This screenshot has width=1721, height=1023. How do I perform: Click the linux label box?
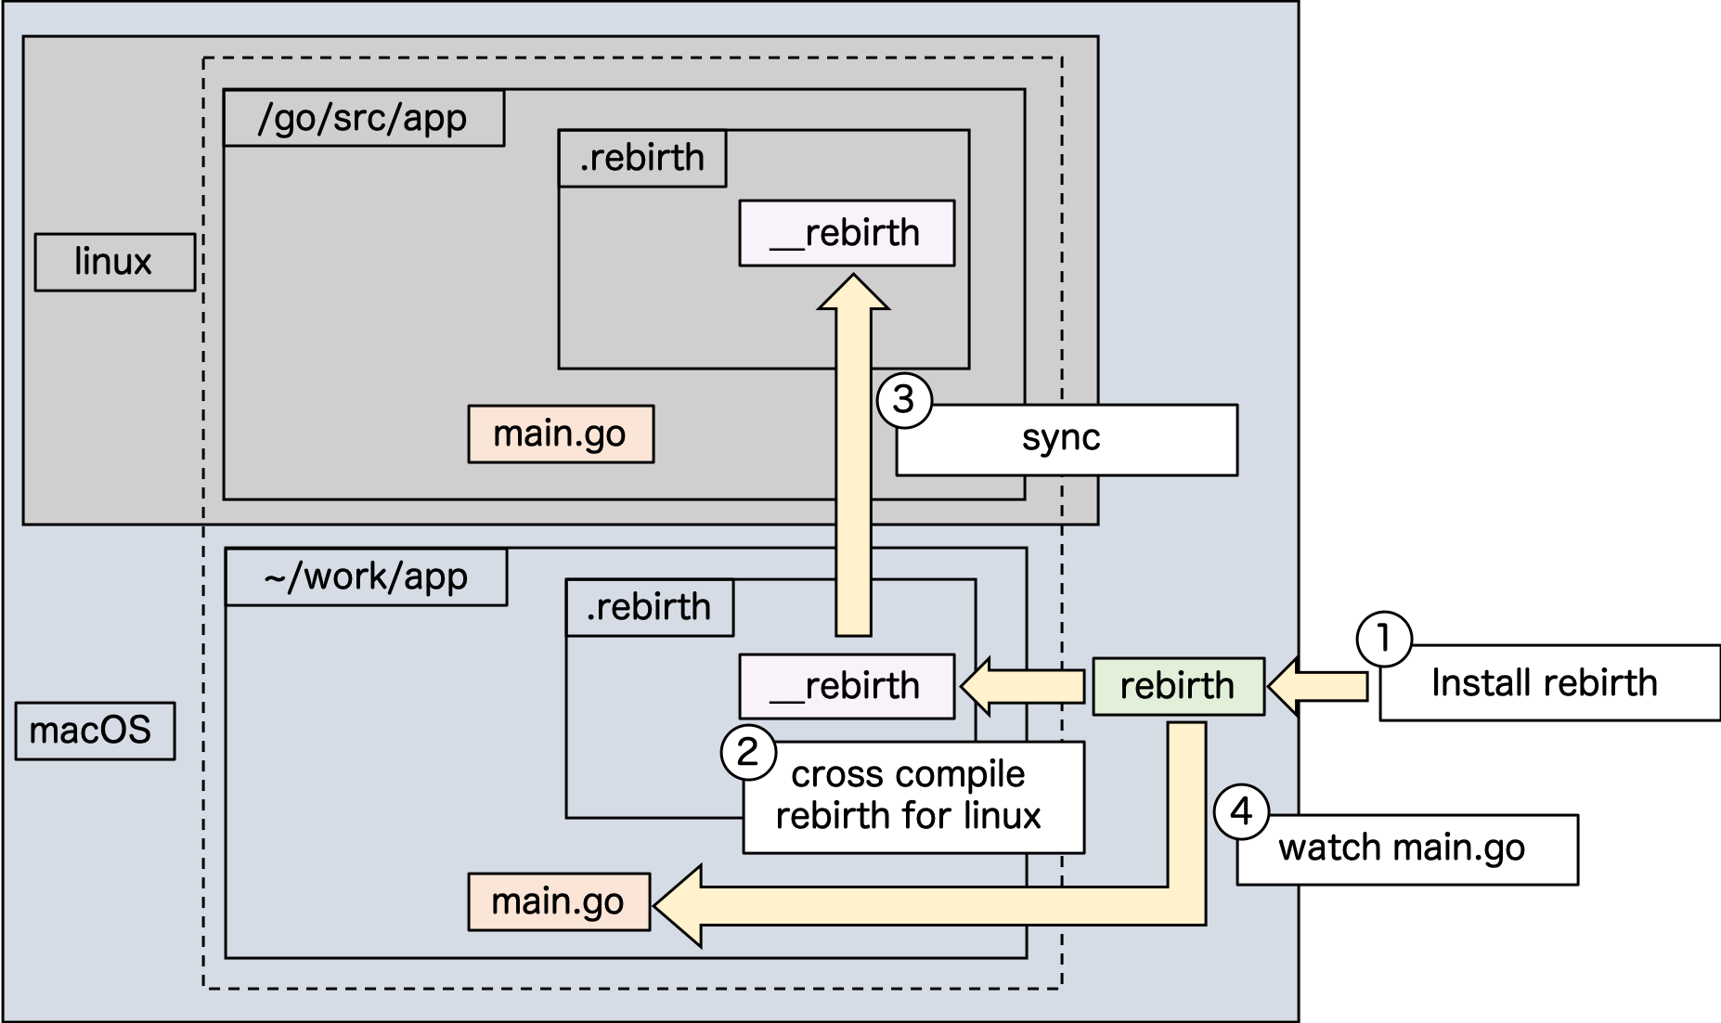coord(114,263)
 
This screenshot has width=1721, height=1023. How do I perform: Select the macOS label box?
coord(95,731)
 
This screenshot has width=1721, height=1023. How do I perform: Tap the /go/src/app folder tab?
coord(363,118)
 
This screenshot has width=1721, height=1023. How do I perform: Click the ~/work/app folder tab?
coord(366,576)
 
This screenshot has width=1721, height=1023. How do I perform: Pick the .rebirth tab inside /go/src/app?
coord(641,158)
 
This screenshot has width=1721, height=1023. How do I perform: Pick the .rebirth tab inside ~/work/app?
coord(649,607)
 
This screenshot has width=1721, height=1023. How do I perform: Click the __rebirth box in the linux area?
coord(847,233)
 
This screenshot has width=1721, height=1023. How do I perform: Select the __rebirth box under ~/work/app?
coord(847,686)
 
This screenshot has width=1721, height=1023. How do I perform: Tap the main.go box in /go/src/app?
coord(560,434)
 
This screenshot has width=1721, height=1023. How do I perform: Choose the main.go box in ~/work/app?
coord(558,901)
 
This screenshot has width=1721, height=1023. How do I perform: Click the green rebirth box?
coord(1178,686)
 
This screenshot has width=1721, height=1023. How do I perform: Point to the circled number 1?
coord(1384,640)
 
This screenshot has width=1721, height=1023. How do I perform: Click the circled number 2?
coord(748,752)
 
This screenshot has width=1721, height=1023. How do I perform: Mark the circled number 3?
coord(903,400)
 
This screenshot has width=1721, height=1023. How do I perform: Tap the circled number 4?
coord(1241,812)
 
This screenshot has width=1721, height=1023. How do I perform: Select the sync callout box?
coord(1066,439)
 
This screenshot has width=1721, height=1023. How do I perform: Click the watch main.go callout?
coord(1405,848)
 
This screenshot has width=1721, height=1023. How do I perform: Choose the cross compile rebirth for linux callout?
coord(912,796)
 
